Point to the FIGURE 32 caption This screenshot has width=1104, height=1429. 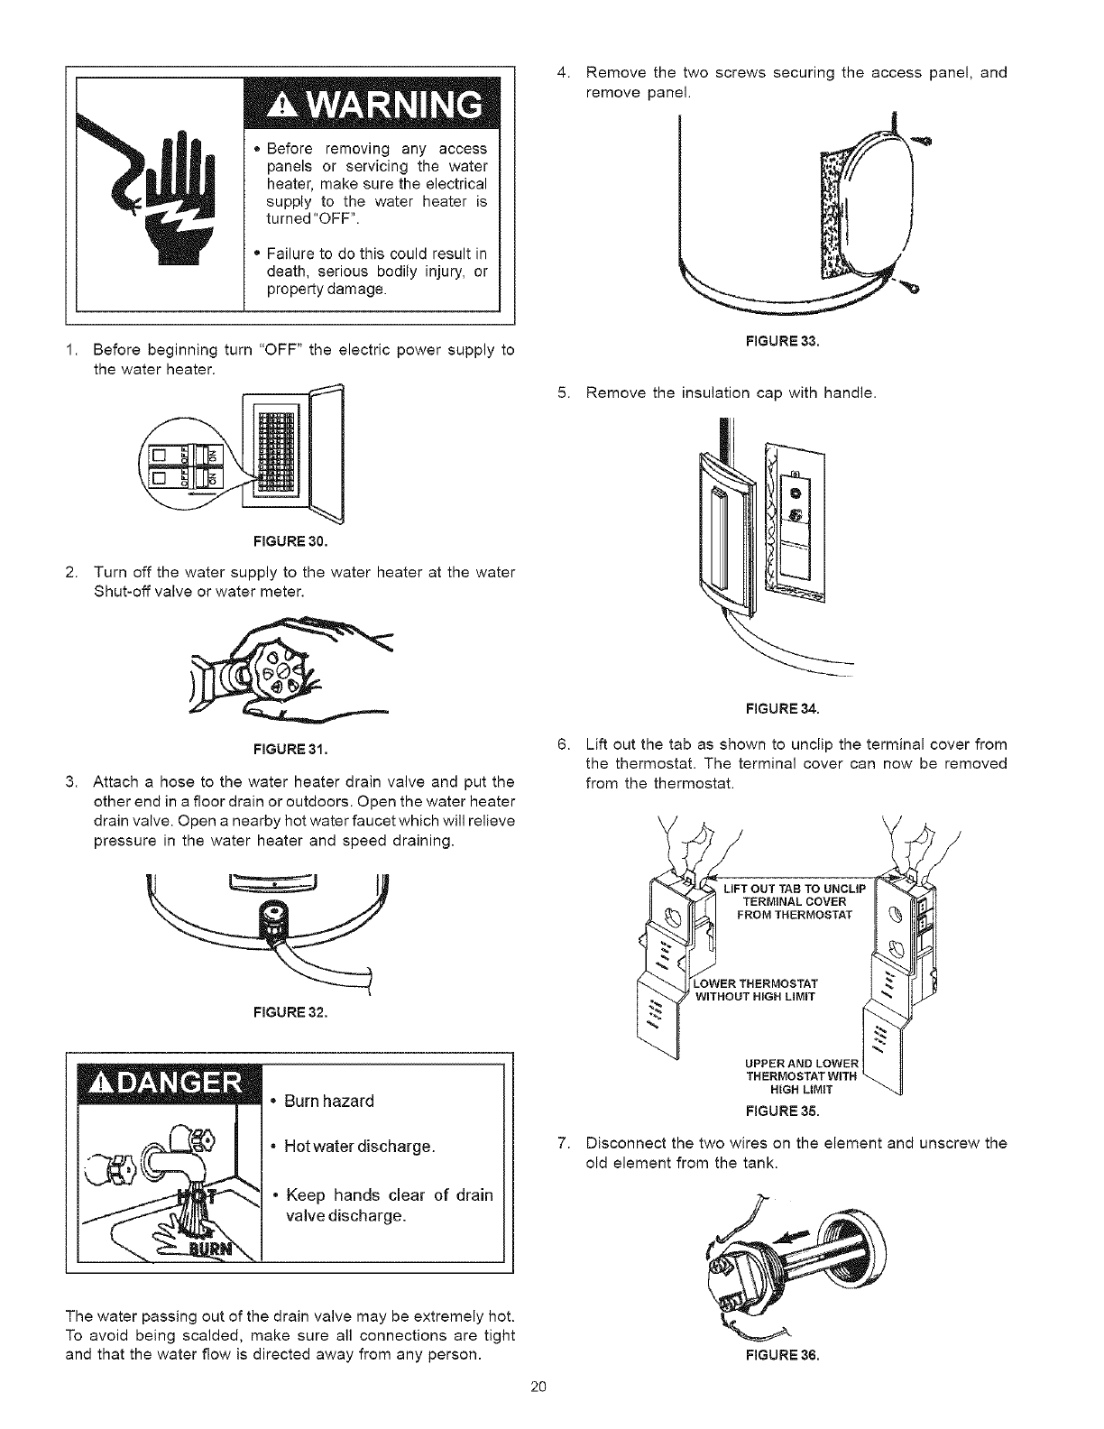coord(291,1011)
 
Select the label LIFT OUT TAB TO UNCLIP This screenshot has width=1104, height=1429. coord(794,890)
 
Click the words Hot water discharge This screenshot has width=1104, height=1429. coord(360,1147)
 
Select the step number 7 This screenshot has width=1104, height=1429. coord(563,1144)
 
